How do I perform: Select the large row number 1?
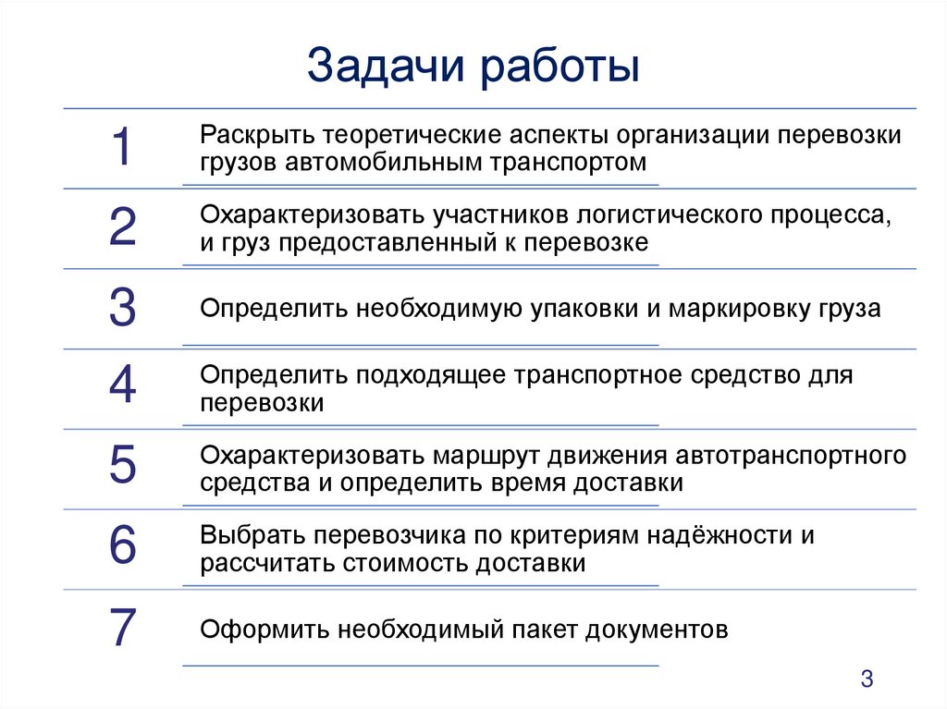tap(121, 148)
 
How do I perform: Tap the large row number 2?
tap(122, 228)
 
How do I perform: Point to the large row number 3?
tap(122, 309)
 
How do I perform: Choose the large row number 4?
tap(122, 387)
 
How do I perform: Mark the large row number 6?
tap(122, 546)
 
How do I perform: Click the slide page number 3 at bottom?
tap(867, 678)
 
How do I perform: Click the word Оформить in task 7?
tap(264, 630)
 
